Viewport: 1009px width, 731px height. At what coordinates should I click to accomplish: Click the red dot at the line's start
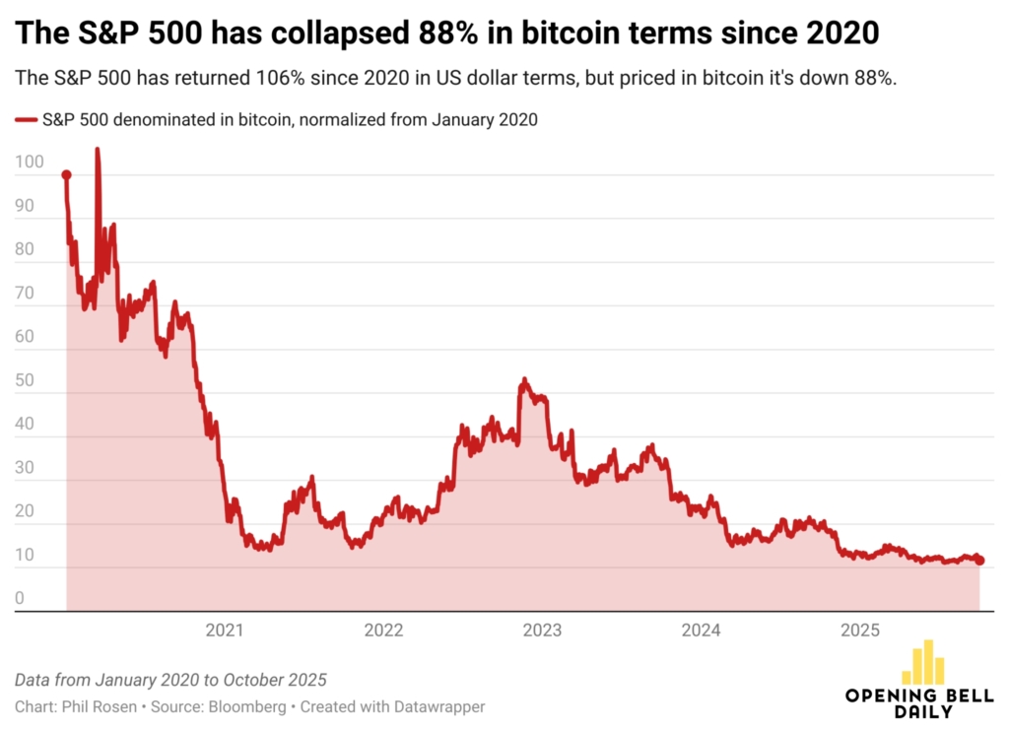pos(66,175)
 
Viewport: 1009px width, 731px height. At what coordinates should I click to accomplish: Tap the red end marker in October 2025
pos(979,561)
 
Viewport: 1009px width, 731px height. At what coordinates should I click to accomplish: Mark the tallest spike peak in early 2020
pos(97,150)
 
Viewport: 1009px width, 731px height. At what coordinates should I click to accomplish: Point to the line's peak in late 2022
pos(524,379)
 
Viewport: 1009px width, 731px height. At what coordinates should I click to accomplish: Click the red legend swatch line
pos(26,120)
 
